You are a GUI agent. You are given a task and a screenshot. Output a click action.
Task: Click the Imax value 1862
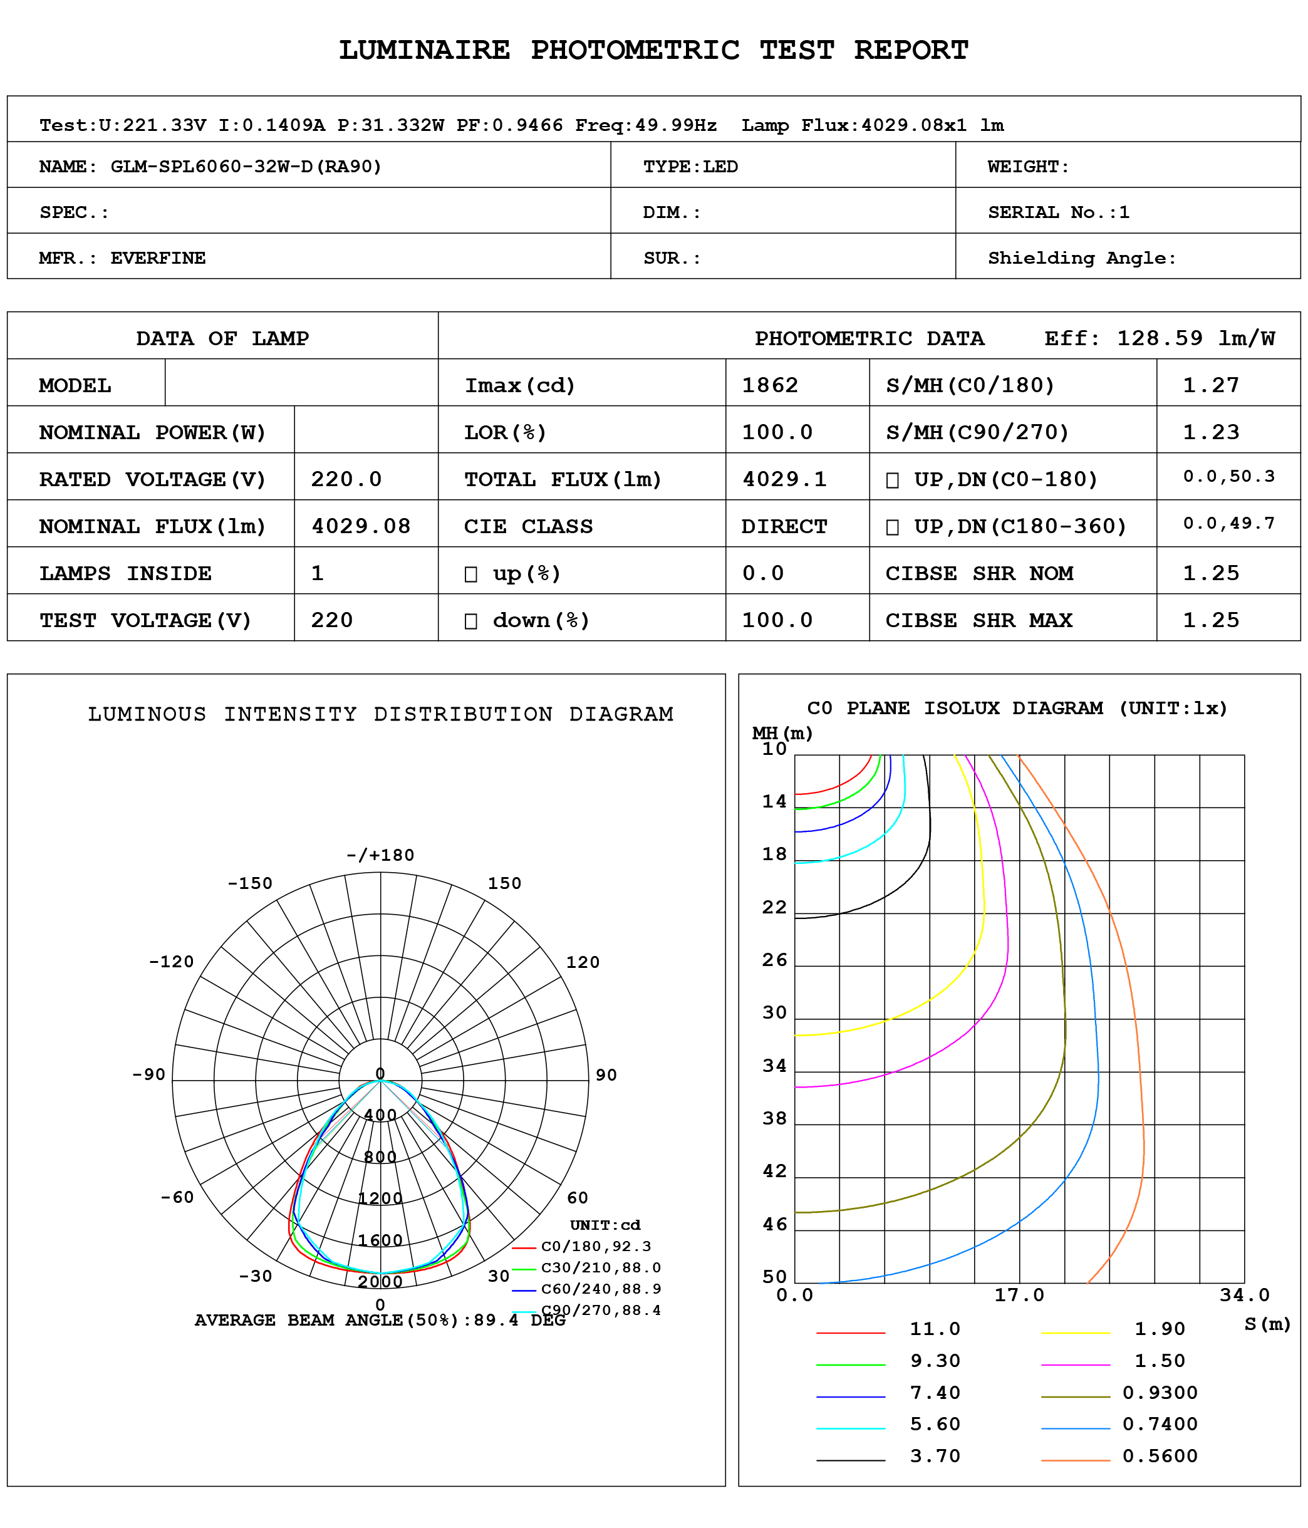(770, 385)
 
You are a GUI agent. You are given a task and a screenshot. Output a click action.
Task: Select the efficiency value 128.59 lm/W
(1195, 338)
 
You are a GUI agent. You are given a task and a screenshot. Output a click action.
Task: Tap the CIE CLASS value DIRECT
(784, 526)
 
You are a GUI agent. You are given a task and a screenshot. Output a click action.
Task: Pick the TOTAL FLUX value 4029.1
(784, 479)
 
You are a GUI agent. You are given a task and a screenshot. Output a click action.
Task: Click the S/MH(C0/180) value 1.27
(1211, 385)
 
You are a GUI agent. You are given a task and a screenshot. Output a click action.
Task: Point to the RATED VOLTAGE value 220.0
(346, 479)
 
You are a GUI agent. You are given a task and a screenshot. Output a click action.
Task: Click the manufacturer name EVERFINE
(158, 258)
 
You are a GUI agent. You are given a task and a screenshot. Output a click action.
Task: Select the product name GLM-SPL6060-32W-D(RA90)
(246, 167)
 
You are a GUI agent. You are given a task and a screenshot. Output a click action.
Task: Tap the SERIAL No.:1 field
(1058, 212)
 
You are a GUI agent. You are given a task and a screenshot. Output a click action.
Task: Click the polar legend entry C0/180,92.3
(596, 1246)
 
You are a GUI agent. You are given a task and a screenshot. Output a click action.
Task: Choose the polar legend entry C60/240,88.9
(601, 1289)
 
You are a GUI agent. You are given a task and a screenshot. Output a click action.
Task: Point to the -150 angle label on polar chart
(250, 883)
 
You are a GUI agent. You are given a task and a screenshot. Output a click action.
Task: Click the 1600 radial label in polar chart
(380, 1240)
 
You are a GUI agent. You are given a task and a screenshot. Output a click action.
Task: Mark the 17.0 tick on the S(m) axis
(1019, 1295)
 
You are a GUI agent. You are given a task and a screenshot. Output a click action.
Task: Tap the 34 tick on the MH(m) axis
(774, 1066)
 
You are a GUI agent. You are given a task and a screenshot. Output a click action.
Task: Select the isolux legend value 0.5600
(1160, 1456)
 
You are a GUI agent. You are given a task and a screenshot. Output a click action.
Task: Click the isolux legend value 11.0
(935, 1329)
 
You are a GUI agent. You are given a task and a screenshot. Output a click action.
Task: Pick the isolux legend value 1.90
(1160, 1329)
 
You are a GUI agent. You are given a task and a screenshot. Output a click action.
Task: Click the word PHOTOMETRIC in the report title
(635, 50)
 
